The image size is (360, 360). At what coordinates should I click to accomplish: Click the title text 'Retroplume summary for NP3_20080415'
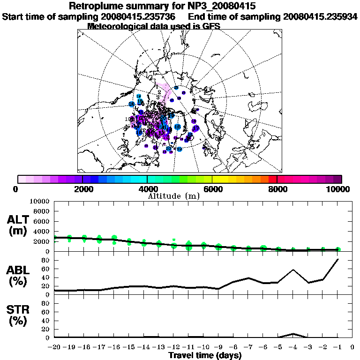coord(162,7)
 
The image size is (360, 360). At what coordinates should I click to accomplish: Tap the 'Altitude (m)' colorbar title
coord(173,195)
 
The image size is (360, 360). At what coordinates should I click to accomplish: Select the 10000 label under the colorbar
coord(338,189)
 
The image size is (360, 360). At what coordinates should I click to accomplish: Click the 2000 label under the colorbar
coord(82,189)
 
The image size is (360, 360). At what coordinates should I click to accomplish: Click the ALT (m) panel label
coord(19,225)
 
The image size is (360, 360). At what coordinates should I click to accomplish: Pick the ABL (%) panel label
coord(19,277)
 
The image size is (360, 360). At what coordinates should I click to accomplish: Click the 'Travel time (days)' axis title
coord(205,356)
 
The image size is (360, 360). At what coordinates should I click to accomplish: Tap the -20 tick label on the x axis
coord(54,347)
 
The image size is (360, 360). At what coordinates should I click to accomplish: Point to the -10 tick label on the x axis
coord(203,347)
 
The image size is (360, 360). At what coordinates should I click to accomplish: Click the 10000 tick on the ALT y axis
coord(40,201)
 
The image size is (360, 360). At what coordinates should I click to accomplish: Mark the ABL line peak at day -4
coord(293,270)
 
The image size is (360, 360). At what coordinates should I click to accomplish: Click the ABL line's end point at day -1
coord(338,259)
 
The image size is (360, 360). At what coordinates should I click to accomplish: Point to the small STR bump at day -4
coord(293,334)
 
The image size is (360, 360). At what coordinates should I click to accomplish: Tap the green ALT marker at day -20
coord(55,238)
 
